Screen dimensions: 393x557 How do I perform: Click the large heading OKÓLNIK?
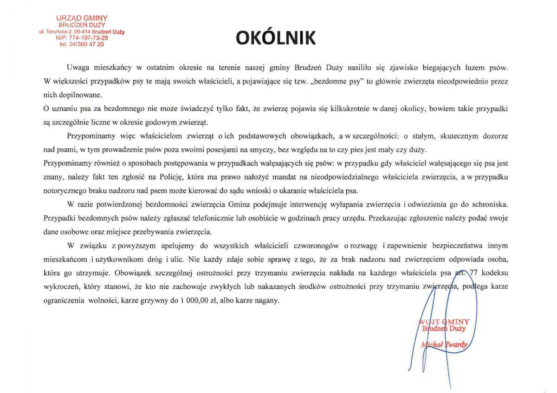tap(276, 38)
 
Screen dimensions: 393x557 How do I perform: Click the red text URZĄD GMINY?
tap(82, 18)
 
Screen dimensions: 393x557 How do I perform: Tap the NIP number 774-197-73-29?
tap(82, 38)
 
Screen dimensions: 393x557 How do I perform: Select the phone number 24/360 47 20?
tap(82, 44)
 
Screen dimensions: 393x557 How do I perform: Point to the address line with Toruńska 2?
tap(82, 32)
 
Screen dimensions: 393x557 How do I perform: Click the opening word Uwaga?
tap(78, 68)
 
